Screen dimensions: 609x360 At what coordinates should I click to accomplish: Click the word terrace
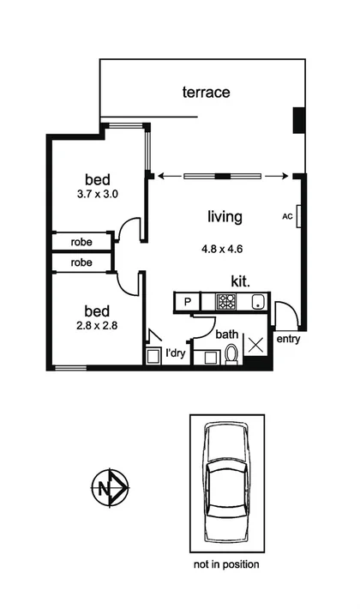pos(206,92)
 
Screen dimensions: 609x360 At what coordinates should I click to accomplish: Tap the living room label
pos(225,217)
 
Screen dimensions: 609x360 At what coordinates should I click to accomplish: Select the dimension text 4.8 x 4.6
pos(222,250)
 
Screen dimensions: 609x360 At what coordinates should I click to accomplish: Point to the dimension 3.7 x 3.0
pos(97,194)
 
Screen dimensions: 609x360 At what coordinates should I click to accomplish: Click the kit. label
pos(241,280)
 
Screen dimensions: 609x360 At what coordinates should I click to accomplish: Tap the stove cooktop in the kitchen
pos(226,301)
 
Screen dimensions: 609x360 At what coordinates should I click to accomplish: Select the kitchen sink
pos(256,301)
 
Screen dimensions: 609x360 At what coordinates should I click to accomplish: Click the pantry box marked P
pos(185,301)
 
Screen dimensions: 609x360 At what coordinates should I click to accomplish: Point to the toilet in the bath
pos(230,355)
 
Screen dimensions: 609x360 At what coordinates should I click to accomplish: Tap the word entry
pos(288,340)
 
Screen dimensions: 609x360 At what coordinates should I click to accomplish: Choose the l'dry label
pos(176,352)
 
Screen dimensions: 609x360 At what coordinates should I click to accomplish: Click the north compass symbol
pos(108,489)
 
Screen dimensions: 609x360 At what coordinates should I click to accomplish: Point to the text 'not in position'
pos(227,564)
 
